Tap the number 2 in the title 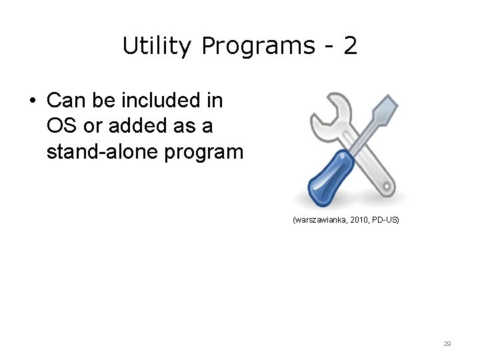(350, 46)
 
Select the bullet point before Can (31, 101)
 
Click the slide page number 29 (447, 344)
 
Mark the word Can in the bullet (62, 101)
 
